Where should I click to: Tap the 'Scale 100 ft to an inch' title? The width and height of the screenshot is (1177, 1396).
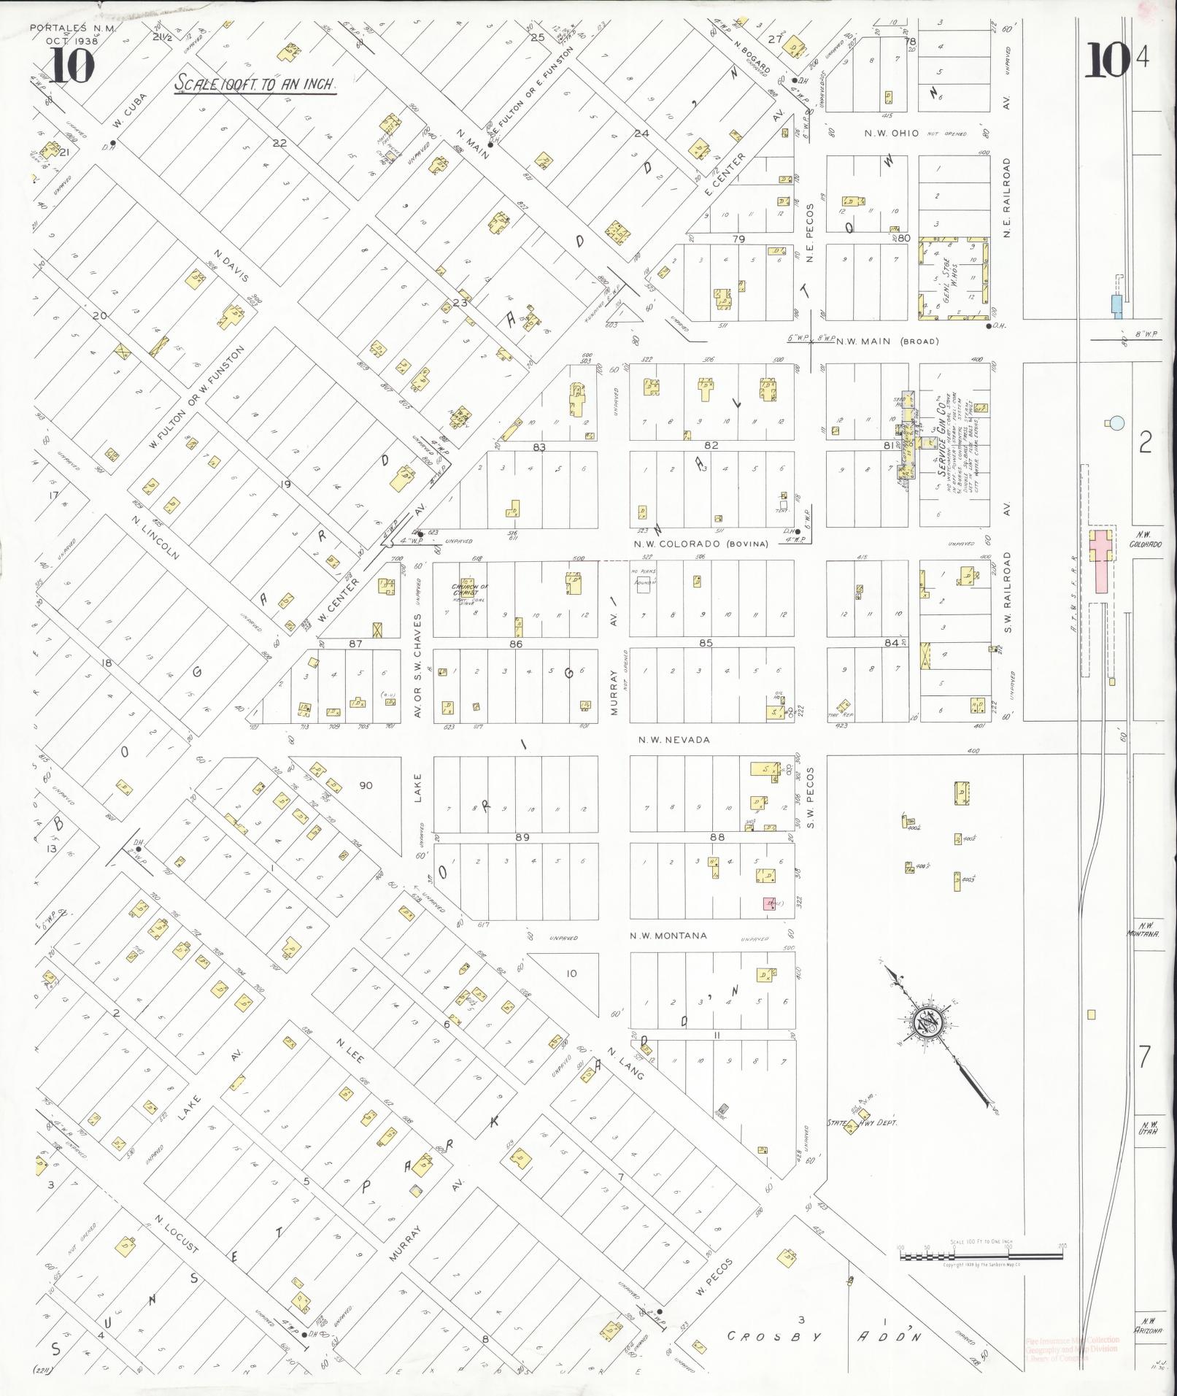(255, 84)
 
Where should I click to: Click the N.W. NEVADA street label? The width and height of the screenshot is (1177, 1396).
(674, 740)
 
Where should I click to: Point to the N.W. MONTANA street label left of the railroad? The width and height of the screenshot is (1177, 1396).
(668, 936)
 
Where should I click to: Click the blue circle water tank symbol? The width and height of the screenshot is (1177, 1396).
(1116, 422)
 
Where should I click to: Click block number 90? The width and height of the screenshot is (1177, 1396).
(365, 785)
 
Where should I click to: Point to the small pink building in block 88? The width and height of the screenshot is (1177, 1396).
(769, 903)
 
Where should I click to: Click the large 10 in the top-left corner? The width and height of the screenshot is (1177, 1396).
(72, 67)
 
